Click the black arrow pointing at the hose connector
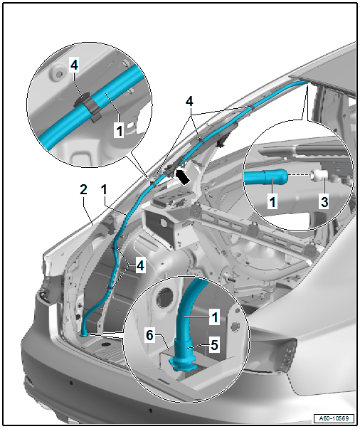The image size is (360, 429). point(182,176)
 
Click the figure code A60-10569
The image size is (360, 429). point(334,418)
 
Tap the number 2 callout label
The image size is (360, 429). point(83,190)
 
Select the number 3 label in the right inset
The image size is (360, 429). point(324,202)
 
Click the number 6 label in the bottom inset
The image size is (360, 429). point(149,335)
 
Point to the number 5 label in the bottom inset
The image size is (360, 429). point(214,345)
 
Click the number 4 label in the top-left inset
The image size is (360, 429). point(74,65)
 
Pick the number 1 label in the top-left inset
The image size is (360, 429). point(120,131)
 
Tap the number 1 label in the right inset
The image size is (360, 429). point(272,202)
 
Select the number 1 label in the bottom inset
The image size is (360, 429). point(215,317)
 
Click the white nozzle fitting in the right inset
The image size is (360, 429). point(316,175)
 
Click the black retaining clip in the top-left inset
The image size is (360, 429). point(88,106)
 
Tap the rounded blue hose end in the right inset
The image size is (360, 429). point(276,176)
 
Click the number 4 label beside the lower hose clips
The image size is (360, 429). point(140,265)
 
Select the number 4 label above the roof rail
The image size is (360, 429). point(189,102)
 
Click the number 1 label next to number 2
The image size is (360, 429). point(104,190)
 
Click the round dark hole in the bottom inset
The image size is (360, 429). point(164,297)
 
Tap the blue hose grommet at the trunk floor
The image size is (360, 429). point(84,334)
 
